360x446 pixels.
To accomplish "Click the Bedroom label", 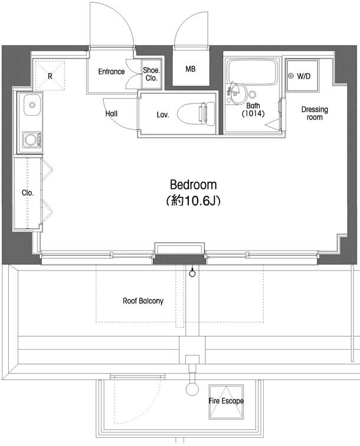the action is pos(193,184).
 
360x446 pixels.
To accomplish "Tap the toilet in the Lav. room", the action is pos(196,114).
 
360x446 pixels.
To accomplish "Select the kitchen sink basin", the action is pos(32,105).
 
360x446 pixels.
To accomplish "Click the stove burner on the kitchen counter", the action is pos(31,139).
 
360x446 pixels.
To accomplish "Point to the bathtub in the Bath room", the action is pos(253,72).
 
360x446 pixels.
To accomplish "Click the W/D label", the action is pos(303,76).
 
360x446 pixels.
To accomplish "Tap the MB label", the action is pos(191,69).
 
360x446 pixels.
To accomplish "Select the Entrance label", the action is pos(112,71).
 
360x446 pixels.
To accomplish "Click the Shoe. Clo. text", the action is pos(152,74).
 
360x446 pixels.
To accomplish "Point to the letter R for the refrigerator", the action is pos(50,76).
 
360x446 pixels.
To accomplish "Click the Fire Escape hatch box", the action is pos(226,402).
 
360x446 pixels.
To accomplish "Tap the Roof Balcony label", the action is pos(143,301).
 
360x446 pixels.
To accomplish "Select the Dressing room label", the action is pos(315,113).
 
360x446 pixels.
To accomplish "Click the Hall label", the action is pos(112,114).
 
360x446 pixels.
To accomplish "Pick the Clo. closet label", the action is pos(28,193).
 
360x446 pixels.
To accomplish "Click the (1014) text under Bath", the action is pos(253,114).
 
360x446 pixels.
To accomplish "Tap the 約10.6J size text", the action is pos(193,201).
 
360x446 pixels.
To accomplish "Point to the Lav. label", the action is pos(163,115).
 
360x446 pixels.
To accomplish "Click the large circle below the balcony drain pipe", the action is pos(192,389).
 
